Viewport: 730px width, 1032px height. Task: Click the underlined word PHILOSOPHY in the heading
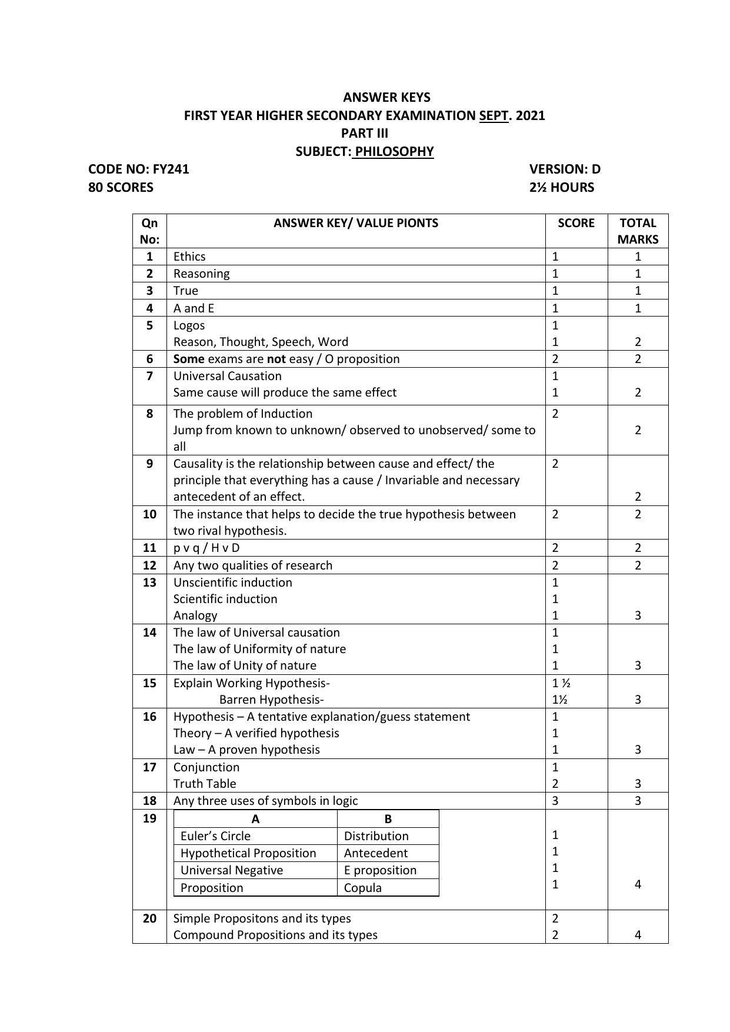tap(394, 151)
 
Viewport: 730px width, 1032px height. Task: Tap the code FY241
tap(171, 169)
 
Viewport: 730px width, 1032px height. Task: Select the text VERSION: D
tap(564, 169)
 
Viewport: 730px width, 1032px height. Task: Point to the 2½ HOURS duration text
tap(561, 188)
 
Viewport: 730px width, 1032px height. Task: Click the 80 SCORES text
tap(121, 188)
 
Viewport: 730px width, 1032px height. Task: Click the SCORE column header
tap(576, 223)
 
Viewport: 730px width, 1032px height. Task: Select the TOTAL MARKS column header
tap(638, 231)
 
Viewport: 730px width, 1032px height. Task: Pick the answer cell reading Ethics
tap(189, 257)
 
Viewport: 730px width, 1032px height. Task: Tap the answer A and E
tap(194, 308)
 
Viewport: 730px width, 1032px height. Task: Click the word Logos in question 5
tap(189, 325)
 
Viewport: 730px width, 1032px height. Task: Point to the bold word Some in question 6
tap(189, 359)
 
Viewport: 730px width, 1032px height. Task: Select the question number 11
tap(149, 548)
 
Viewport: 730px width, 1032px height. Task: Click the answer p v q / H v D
tap(206, 548)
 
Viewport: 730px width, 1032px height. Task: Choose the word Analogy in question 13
tap(195, 615)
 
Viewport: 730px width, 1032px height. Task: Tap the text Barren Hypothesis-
tap(271, 700)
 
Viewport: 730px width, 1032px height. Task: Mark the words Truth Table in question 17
tap(204, 784)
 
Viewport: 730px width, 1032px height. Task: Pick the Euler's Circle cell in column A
tap(215, 836)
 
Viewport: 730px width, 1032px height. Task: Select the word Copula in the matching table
tap(362, 888)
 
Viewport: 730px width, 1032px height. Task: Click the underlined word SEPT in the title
tap(494, 115)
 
